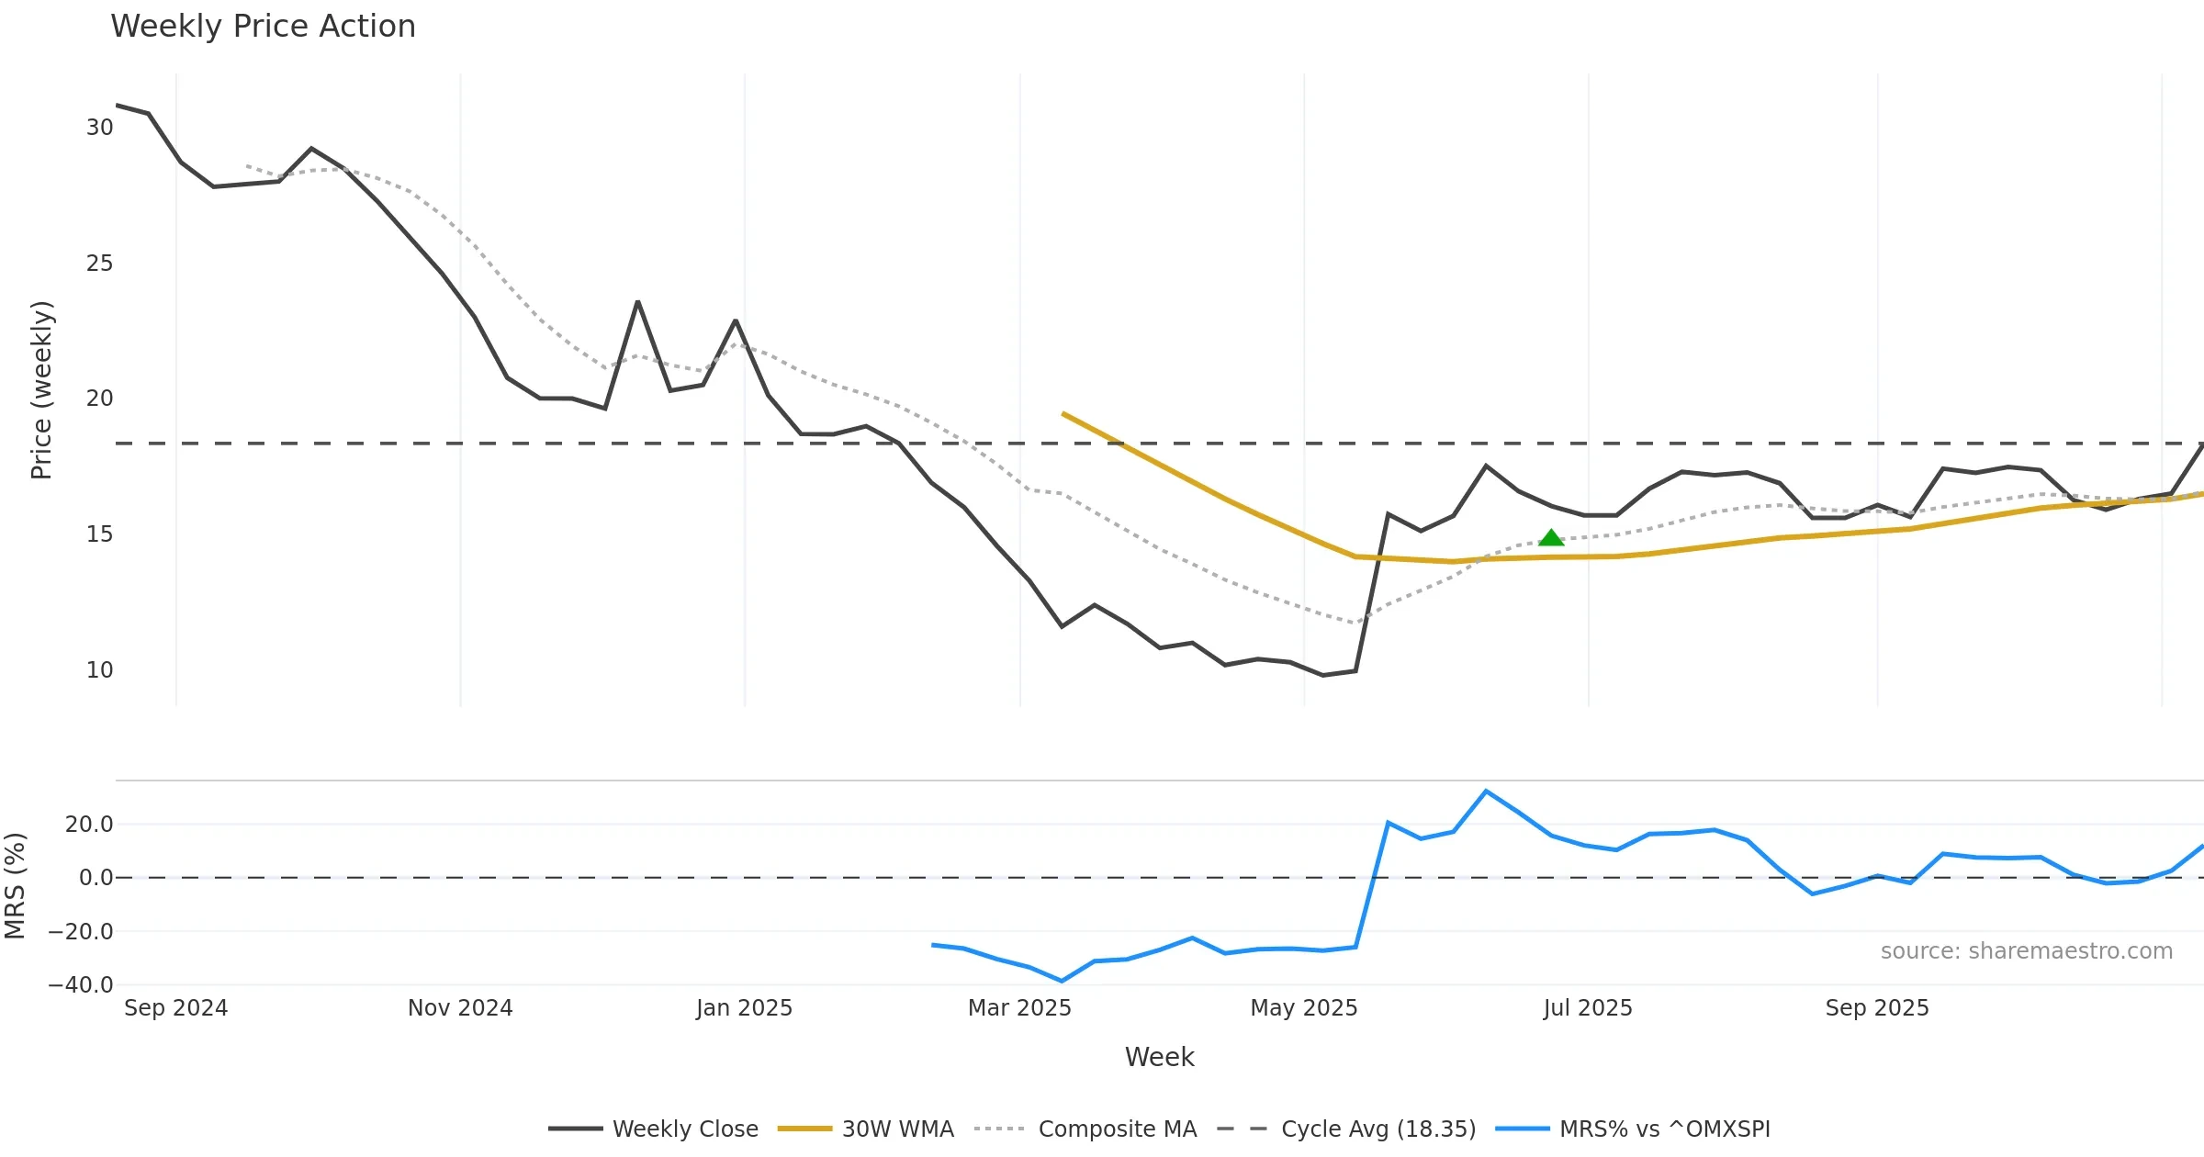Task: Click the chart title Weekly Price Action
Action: point(263,27)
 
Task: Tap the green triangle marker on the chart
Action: point(1551,538)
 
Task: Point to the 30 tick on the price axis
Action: point(99,128)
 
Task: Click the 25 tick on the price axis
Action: point(99,264)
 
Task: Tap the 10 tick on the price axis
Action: point(99,670)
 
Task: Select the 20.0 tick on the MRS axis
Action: point(89,825)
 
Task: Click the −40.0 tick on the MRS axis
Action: point(81,985)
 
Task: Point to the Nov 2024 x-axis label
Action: point(460,1008)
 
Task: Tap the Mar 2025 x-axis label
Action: point(1019,1008)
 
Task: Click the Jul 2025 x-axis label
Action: point(1588,1008)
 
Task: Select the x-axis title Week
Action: point(1159,1058)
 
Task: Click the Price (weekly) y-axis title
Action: point(41,390)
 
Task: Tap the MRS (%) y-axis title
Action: point(15,886)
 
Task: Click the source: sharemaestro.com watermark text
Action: point(2026,951)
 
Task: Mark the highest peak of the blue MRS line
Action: point(1486,792)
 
